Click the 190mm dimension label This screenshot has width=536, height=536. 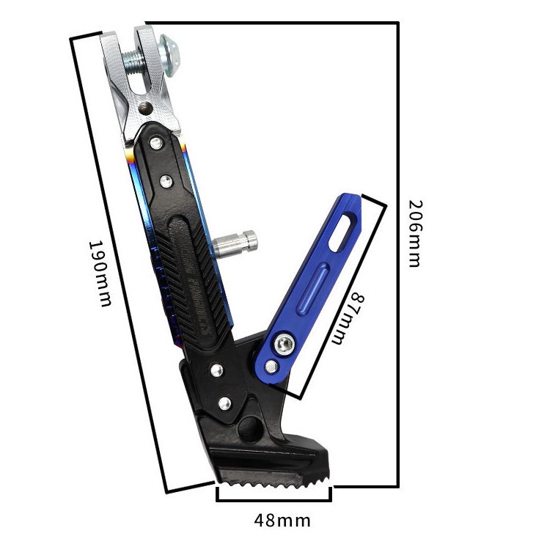[100, 273]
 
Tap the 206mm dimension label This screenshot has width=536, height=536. [416, 234]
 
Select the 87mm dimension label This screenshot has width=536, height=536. [348, 318]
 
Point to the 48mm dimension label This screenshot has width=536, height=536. [282, 521]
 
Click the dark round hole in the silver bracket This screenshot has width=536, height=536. [146, 108]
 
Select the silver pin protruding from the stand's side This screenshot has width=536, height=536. [235, 243]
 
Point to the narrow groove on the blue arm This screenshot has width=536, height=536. [314, 288]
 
